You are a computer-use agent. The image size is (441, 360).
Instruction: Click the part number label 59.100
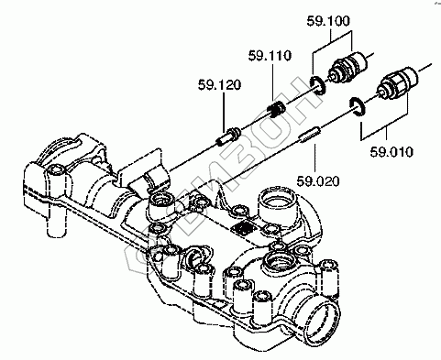pos(328,21)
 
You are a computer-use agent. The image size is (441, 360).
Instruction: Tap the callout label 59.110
pos(270,56)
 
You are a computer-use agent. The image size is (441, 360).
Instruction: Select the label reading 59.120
pos(219,84)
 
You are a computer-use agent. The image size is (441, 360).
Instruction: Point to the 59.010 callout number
pos(391,152)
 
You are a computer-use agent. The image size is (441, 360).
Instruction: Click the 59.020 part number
pos(318,181)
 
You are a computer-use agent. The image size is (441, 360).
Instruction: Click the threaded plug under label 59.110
pos(276,110)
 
